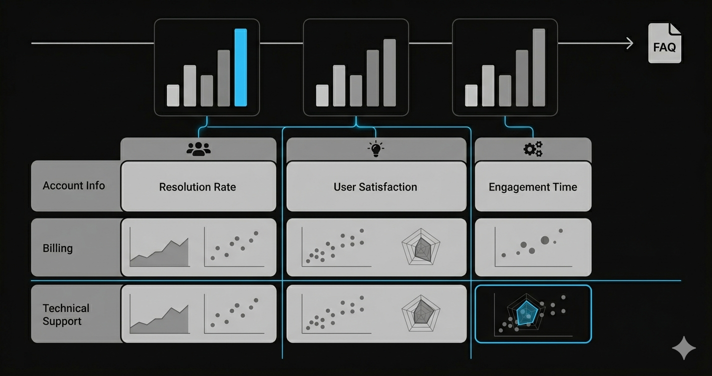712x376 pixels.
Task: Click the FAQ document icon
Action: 664,43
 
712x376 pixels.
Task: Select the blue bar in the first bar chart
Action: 240,67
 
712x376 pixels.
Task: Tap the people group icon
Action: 198,149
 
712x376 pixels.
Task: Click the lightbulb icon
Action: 375,149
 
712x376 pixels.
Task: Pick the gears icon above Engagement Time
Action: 532,149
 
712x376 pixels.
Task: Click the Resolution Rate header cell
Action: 198,187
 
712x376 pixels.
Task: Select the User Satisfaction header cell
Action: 375,187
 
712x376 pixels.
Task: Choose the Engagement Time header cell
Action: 532,187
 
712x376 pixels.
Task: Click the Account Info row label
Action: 74,185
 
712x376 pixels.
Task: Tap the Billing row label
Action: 58,248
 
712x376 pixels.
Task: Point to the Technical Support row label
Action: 66,314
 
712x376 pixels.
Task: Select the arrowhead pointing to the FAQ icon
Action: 629,43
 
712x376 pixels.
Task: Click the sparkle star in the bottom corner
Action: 683,347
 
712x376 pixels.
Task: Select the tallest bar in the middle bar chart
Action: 389,72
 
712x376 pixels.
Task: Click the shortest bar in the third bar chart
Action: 471,95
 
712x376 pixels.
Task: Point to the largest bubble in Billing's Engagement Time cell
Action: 545,240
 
